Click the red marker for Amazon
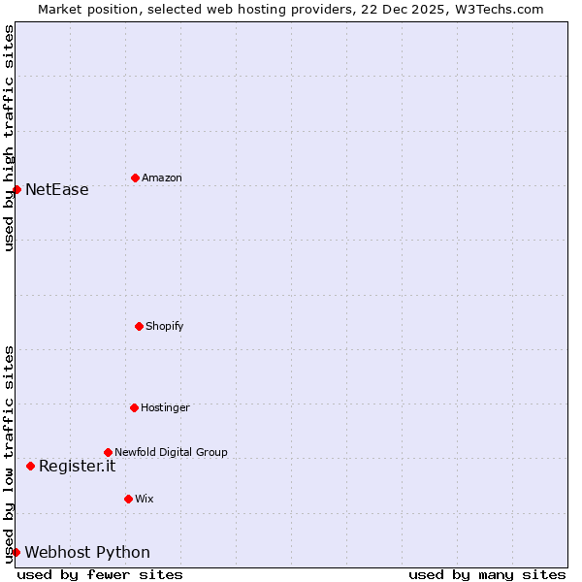[135, 178]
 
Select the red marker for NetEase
[16, 189]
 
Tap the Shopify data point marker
[139, 326]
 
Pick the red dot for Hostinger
[134, 407]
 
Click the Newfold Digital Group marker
[108, 452]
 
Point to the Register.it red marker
[30, 466]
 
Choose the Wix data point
[128, 499]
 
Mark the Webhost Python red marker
[16, 552]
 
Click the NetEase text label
[56, 190]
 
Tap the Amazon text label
[161, 178]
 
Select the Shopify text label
[164, 327]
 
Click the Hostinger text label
[165, 408]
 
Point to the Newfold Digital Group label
[171, 453]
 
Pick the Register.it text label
[77, 467]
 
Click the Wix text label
[144, 500]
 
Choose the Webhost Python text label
[87, 553]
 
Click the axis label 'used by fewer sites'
[100, 574]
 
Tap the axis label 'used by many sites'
[487, 574]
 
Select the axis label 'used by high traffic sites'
[9, 138]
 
